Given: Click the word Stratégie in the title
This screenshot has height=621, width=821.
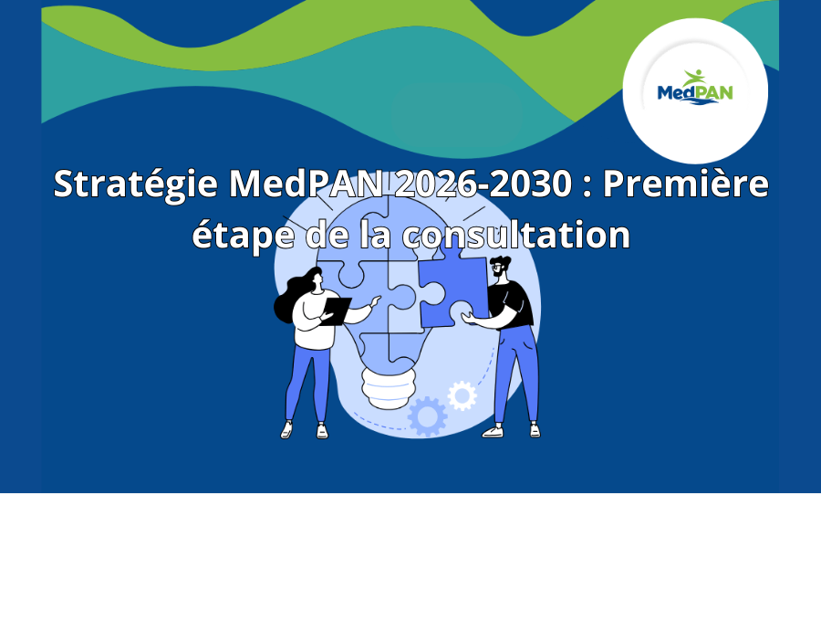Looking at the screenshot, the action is click(136, 184).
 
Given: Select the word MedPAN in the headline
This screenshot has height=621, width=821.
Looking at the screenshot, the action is click(307, 184).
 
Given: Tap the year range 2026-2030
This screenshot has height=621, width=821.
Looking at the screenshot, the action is click(483, 184).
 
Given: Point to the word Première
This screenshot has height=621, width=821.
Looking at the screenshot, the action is click(686, 184).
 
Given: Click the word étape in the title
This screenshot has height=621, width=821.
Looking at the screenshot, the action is click(242, 236).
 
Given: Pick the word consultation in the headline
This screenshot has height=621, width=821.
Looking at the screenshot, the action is click(515, 235).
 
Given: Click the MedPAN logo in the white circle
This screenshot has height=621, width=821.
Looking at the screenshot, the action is click(695, 87).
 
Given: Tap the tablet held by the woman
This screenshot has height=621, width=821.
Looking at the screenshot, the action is click(335, 310).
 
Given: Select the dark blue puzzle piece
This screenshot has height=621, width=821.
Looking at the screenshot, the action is click(452, 289).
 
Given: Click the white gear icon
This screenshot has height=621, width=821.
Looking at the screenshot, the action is click(462, 395).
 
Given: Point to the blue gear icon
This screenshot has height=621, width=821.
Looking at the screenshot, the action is click(427, 416).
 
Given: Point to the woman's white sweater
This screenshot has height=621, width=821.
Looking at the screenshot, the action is click(314, 321).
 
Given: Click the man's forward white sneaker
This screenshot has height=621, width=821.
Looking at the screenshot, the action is click(493, 431).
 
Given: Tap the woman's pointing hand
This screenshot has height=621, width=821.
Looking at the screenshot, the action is click(375, 300).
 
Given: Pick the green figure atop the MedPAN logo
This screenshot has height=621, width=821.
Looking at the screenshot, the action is click(695, 78).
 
